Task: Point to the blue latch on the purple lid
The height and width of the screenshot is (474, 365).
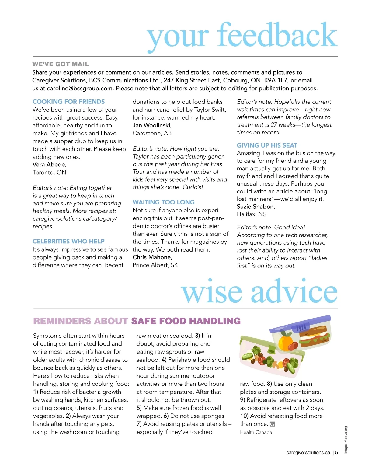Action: point(301,328)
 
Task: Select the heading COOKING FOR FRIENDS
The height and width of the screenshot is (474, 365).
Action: point(68,102)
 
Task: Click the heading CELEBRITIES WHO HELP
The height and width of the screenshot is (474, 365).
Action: point(68,241)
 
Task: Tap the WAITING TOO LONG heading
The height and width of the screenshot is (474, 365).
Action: point(163,202)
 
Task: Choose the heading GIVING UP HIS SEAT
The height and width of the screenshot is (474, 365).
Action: point(267,145)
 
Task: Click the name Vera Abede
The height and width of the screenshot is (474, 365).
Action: point(49,165)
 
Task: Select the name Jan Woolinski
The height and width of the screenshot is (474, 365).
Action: point(152,125)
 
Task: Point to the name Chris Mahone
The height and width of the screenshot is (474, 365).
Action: point(152,257)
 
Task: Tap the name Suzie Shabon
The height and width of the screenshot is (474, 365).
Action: point(256,207)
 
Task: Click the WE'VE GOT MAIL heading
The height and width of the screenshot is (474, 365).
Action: point(60,64)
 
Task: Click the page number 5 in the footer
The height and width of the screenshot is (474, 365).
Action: point(336,452)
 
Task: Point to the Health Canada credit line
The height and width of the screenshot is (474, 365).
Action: point(256,432)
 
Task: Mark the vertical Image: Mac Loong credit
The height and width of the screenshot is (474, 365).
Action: point(346,440)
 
